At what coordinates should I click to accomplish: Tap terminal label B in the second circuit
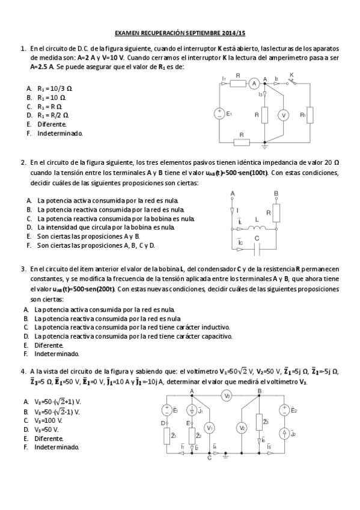coord(276,193)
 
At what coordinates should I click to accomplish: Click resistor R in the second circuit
coord(276,212)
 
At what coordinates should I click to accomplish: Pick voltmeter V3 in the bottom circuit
coord(227,396)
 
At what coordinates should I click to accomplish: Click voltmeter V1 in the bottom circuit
coord(209,427)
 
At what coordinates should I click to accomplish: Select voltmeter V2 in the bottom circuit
coord(242,427)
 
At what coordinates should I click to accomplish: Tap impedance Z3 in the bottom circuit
coord(260,422)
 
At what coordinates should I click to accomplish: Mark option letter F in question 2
coord(28,245)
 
